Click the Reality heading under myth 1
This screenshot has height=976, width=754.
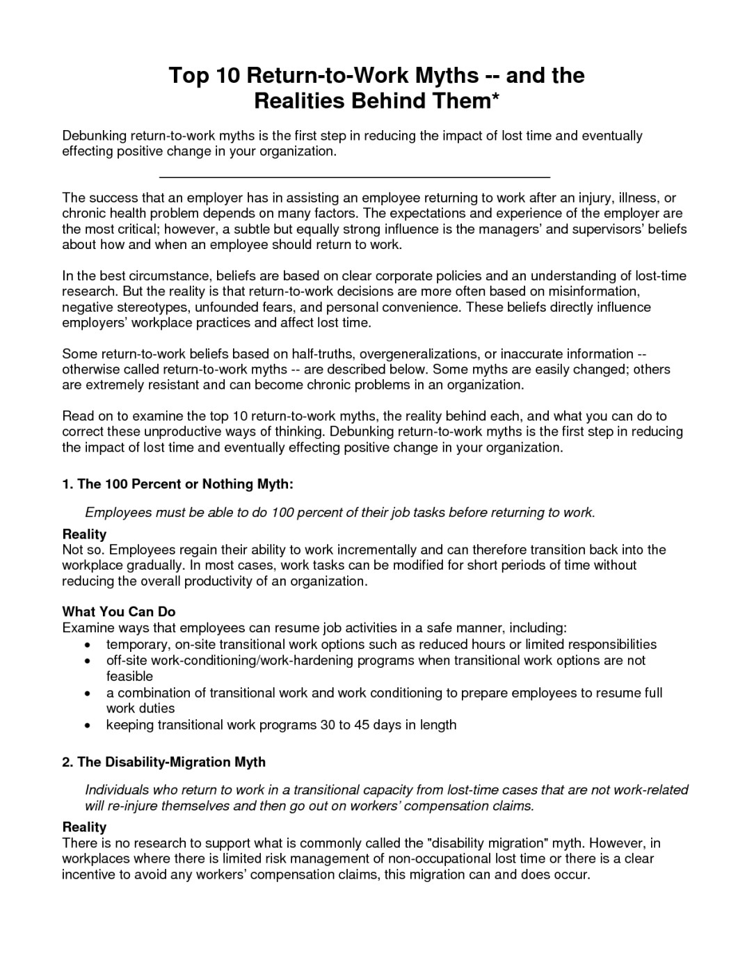coord(84,534)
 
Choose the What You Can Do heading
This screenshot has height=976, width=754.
coord(119,612)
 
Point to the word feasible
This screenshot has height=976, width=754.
coord(129,676)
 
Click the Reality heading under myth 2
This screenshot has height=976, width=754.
coord(84,827)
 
